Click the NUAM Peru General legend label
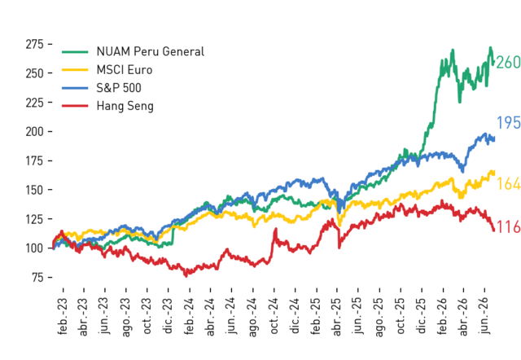click(150, 51)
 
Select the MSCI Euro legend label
click(125, 70)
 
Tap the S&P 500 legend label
click(119, 88)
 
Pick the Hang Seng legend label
click(125, 106)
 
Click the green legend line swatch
click(75, 52)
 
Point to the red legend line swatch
click(75, 106)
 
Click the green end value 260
click(508, 62)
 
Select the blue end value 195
click(508, 123)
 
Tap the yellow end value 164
click(508, 183)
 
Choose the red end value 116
click(508, 227)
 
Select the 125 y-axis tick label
click(34, 219)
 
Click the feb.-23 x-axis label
click(63, 316)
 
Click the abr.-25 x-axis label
click(337, 317)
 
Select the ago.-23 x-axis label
click(126, 317)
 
